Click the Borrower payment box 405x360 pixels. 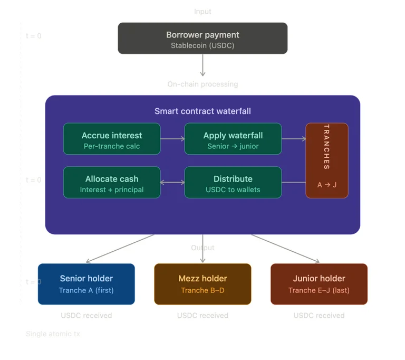[x=202, y=38]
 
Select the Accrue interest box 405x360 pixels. [x=112, y=139]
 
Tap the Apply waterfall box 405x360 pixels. [x=233, y=139]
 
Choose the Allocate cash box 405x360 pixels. [x=112, y=183]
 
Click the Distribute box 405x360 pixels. [x=233, y=183]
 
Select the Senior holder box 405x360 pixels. [x=86, y=284]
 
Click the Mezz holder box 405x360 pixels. [x=202, y=284]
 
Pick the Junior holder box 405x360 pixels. [x=319, y=284]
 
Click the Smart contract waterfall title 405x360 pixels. [x=202, y=111]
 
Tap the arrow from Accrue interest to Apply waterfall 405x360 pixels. [x=172, y=139]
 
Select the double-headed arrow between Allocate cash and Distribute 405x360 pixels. [x=172, y=183]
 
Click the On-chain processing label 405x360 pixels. [x=202, y=84]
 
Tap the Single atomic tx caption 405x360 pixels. [x=53, y=334]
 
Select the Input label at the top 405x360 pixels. [x=202, y=12]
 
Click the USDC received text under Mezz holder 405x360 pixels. [x=202, y=315]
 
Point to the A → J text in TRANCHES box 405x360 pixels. [x=326, y=185]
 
